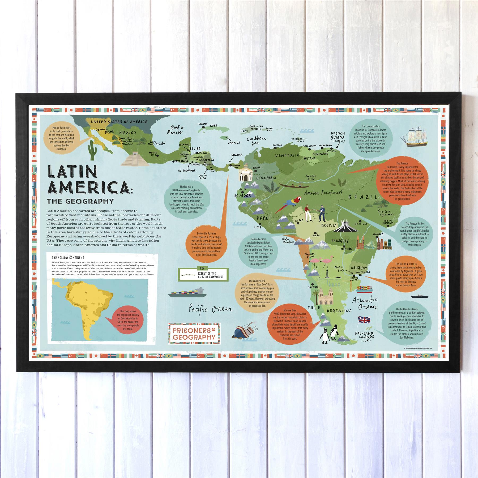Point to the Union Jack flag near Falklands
point(364,320)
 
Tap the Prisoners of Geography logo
point(194,334)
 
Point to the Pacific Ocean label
point(210,309)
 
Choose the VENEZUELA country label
point(287,155)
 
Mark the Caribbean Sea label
point(256,141)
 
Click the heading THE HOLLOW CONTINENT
point(68,257)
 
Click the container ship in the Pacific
point(187,293)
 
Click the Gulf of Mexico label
point(175,130)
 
